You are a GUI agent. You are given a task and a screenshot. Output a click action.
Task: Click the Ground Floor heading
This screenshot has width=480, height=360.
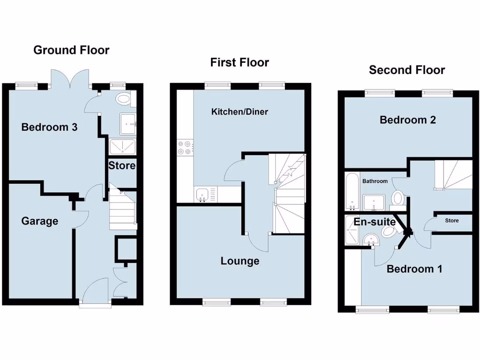(x=71, y=50)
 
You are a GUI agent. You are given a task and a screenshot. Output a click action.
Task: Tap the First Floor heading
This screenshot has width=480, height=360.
(x=240, y=62)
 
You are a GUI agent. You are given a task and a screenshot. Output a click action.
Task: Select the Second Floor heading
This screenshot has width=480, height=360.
(x=407, y=70)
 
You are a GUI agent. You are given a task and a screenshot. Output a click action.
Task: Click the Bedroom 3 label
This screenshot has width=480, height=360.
(x=49, y=127)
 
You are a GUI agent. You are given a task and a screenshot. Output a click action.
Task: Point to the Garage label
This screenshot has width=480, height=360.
(x=40, y=221)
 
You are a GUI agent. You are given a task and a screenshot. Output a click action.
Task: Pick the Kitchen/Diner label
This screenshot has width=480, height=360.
(x=240, y=112)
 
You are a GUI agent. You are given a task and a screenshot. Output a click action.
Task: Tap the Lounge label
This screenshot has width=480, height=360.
(x=240, y=261)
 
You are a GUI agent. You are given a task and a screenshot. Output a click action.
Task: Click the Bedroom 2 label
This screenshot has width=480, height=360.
(x=408, y=120)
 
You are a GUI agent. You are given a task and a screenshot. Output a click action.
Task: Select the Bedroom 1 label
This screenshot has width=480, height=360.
(x=414, y=269)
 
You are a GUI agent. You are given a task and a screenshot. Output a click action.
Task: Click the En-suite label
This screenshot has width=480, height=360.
(x=375, y=222)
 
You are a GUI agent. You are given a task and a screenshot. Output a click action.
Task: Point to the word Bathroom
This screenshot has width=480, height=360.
(x=375, y=181)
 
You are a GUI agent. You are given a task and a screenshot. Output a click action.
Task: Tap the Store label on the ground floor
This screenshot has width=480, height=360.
(x=122, y=165)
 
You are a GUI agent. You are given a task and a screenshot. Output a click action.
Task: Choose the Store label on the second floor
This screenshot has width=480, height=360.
(x=452, y=220)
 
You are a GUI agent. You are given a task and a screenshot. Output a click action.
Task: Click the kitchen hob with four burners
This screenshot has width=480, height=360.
(x=184, y=148)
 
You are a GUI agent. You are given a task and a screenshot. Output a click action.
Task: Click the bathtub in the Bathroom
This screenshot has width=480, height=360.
(x=352, y=192)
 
